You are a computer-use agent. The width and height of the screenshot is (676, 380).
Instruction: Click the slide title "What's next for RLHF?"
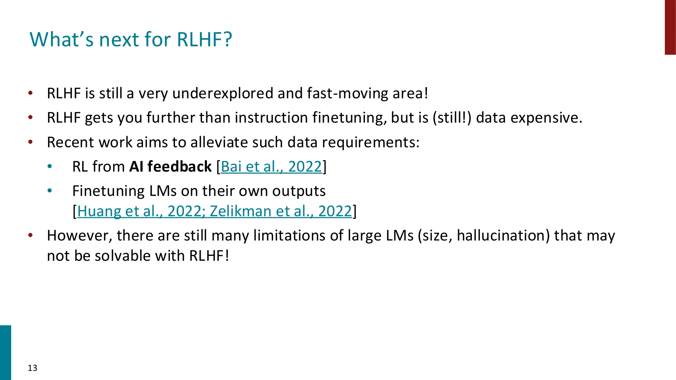(x=131, y=40)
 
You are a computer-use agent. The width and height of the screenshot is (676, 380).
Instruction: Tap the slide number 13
(x=32, y=368)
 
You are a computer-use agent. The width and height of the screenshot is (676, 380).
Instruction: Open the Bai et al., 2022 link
(x=271, y=167)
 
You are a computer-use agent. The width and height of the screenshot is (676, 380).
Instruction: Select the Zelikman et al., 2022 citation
(x=281, y=211)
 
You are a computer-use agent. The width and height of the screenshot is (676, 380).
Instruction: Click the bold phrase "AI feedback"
(x=170, y=167)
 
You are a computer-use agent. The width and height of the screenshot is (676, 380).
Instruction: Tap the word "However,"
(x=79, y=235)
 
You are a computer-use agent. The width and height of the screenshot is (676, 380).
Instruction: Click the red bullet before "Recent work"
(x=30, y=142)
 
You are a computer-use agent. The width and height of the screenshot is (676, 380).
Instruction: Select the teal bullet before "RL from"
(x=50, y=166)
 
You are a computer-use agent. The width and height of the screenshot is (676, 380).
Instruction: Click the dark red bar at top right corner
(x=670, y=27)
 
